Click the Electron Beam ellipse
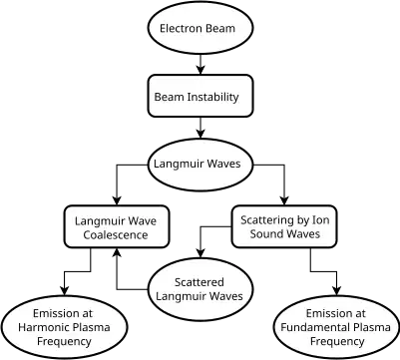(x=200, y=28)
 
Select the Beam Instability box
(x=200, y=96)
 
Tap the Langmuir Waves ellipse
(x=200, y=165)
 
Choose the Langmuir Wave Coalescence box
(x=117, y=226)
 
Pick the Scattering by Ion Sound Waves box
(x=284, y=226)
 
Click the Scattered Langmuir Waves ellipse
(x=200, y=289)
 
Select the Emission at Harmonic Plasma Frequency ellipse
(x=64, y=327)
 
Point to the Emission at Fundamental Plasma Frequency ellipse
(x=336, y=327)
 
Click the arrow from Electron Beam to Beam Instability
(x=200, y=64)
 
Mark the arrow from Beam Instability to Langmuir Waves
(x=200, y=128)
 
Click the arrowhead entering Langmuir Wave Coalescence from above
(x=117, y=200)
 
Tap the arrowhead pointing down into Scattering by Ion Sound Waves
(x=284, y=200)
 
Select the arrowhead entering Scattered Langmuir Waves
(x=200, y=253)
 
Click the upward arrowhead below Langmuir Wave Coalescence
(x=117, y=252)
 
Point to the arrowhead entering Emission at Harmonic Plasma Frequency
(x=64, y=291)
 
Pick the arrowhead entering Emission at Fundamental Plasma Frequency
(x=336, y=291)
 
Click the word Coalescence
(x=116, y=235)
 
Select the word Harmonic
(x=40, y=327)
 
